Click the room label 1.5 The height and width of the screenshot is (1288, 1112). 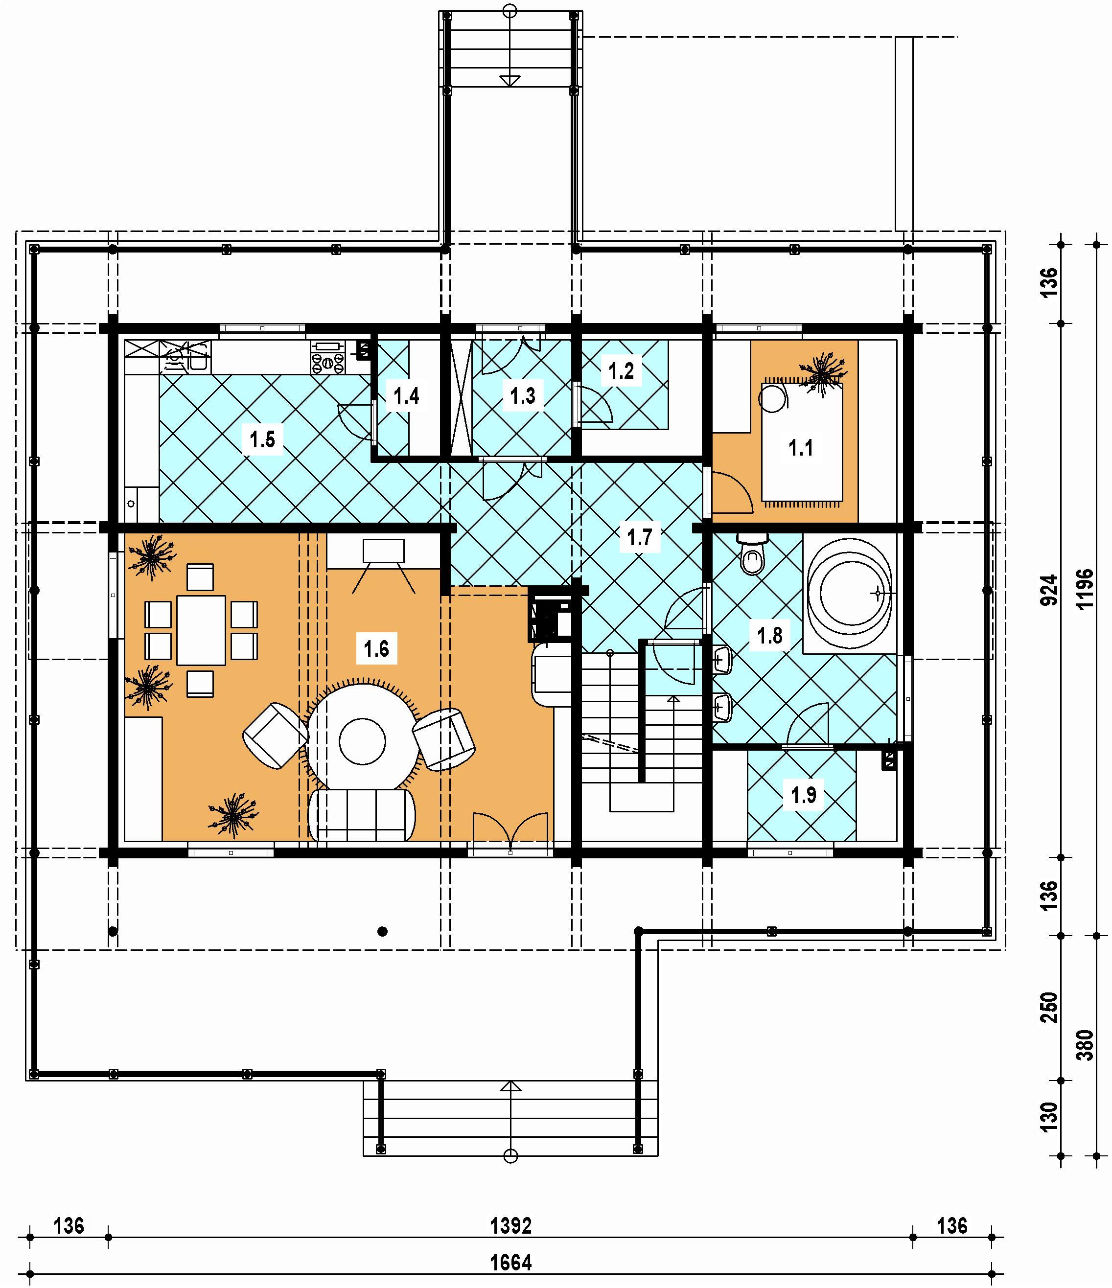tap(262, 439)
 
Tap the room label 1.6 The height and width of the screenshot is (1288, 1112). tap(376, 649)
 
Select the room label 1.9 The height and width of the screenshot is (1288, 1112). tap(803, 794)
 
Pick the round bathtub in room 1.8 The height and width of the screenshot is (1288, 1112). tap(850, 593)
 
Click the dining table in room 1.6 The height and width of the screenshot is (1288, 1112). tap(201, 630)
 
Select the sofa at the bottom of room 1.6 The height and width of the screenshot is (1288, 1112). tap(363, 815)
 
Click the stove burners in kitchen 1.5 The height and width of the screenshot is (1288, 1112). tap(328, 363)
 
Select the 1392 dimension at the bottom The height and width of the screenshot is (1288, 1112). tap(511, 1225)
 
